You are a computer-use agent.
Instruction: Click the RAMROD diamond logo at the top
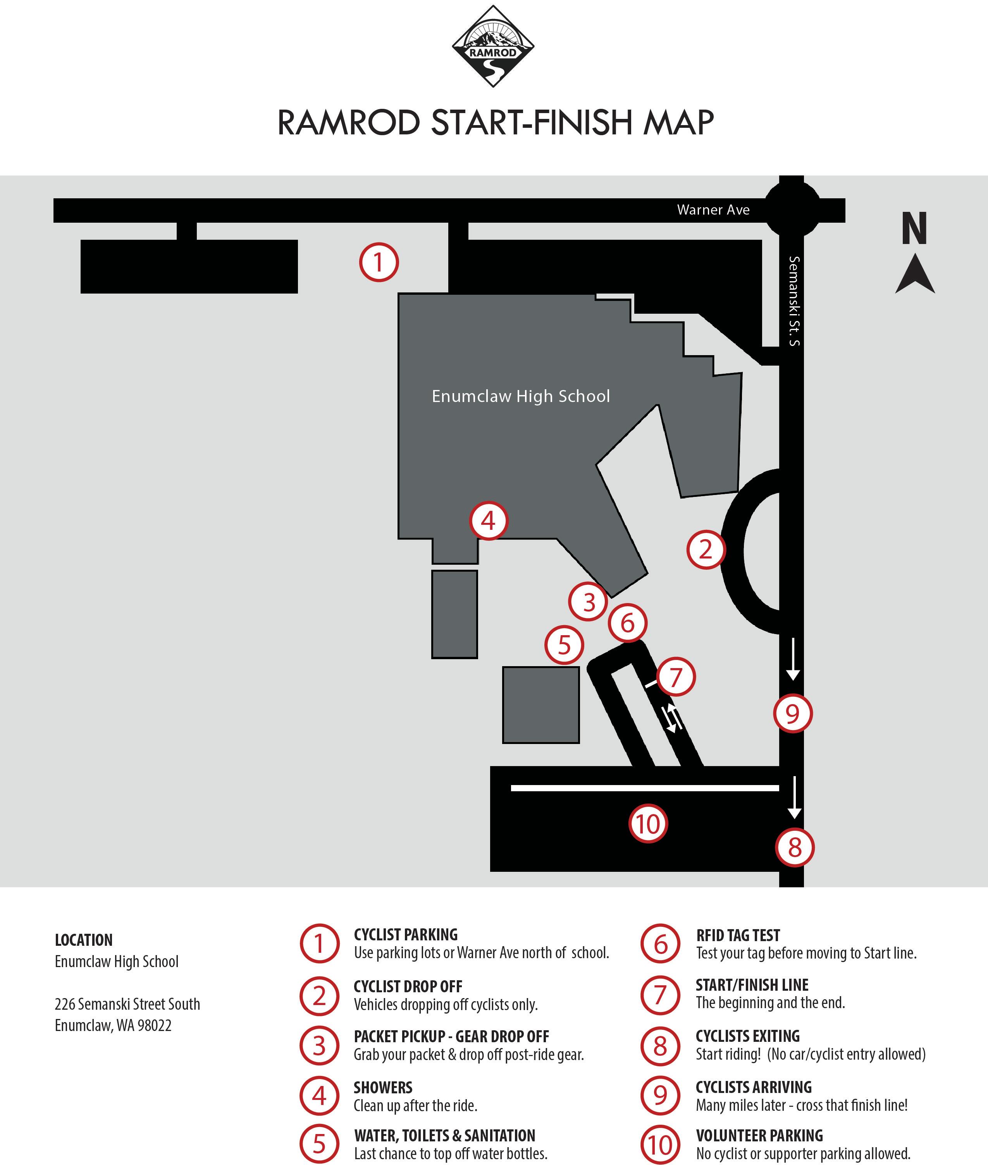(493, 46)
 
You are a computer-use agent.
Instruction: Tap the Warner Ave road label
(713, 210)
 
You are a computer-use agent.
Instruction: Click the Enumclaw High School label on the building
(520, 396)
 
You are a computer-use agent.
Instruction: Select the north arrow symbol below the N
(915, 274)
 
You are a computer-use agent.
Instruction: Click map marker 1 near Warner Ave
(379, 262)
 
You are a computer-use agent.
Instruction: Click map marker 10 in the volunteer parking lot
(648, 823)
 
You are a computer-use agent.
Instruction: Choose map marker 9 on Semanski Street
(792, 714)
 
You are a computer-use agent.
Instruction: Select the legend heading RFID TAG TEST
(738, 935)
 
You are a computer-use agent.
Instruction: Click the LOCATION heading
(83, 940)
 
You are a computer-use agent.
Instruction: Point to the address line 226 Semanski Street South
(127, 1004)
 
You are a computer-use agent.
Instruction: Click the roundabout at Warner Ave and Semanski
(792, 210)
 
